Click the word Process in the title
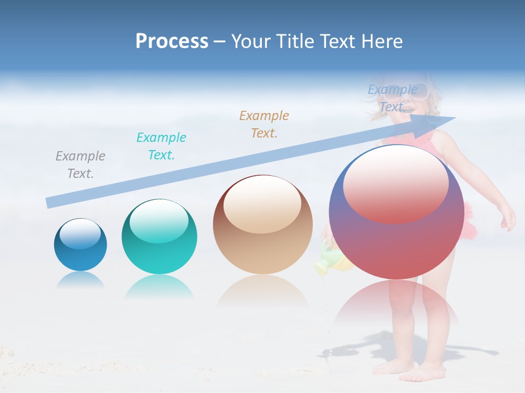[x=172, y=41]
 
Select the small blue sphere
[x=80, y=245]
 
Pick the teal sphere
[x=159, y=236]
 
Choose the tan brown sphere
[x=262, y=225]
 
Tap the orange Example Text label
[x=264, y=124]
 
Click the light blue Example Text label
[x=392, y=98]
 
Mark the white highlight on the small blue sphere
[x=80, y=234]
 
